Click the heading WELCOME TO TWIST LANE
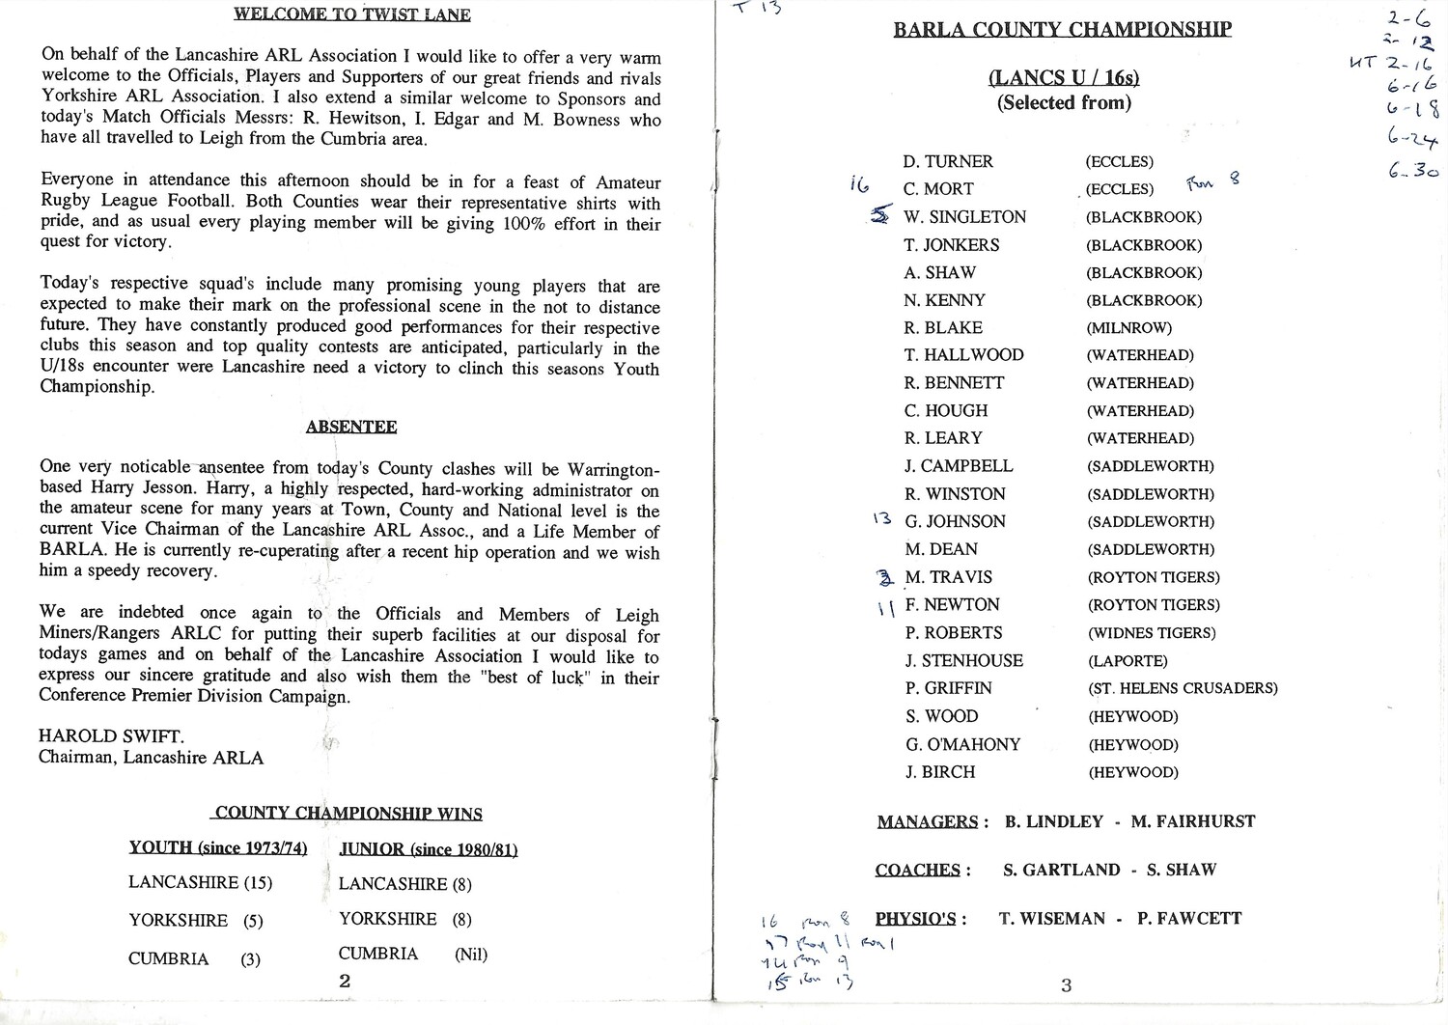[352, 14]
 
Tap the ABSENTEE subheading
[351, 427]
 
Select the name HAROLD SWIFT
[111, 736]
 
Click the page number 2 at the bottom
[345, 981]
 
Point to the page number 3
[1066, 985]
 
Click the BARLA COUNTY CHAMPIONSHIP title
[1062, 29]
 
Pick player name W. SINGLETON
[964, 217]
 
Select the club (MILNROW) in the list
[1128, 328]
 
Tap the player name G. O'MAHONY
[962, 744]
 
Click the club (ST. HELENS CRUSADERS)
[1183, 688]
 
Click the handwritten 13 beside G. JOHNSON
[881, 519]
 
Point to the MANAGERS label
[928, 822]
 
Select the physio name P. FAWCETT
[1189, 918]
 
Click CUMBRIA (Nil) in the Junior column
[412, 955]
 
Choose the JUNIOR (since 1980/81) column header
[429, 849]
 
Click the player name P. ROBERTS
[953, 633]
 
